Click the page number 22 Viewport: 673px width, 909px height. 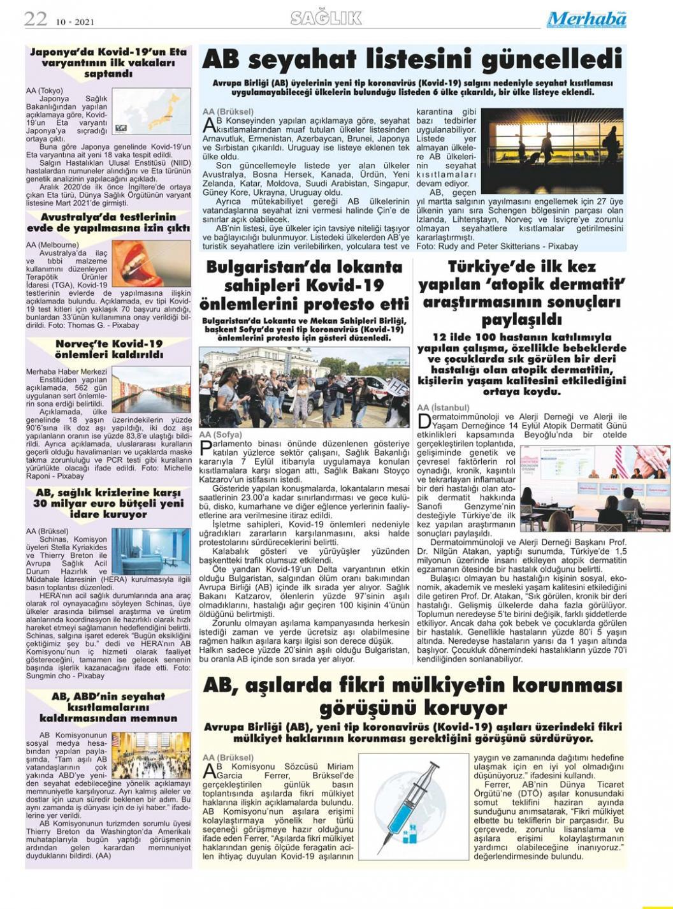pyautogui.click(x=36, y=18)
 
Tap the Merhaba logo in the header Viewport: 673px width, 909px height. pyautogui.click(x=586, y=19)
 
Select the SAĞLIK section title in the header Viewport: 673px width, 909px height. pyautogui.click(x=326, y=18)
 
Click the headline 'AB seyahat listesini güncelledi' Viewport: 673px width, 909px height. pyautogui.click(x=412, y=60)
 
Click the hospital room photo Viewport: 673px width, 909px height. pyautogui.click(x=150, y=551)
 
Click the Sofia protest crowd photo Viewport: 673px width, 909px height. pyautogui.click(x=304, y=387)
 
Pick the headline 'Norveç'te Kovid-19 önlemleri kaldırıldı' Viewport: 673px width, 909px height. pyautogui.click(x=108, y=349)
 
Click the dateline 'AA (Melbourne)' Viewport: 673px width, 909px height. pyautogui.click(x=52, y=244)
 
